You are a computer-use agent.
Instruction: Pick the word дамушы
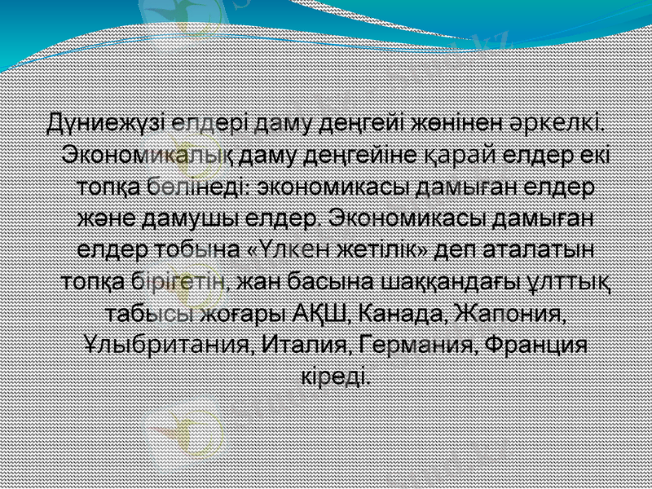point(185,218)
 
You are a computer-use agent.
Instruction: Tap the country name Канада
point(403,312)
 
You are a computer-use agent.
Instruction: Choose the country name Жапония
point(511,312)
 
